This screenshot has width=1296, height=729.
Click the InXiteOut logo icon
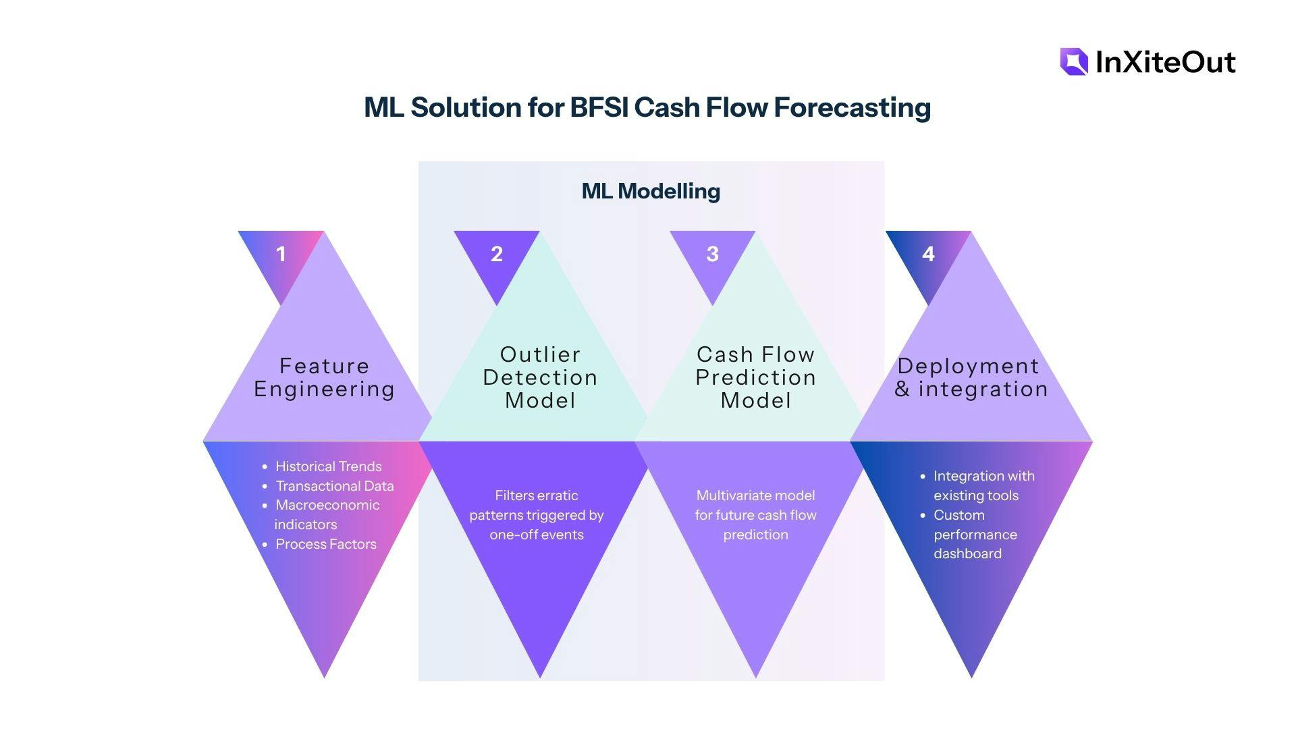pyautogui.click(x=1074, y=61)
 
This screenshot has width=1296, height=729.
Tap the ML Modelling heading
pyautogui.click(x=651, y=191)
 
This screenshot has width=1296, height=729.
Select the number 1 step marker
pyautogui.click(x=281, y=254)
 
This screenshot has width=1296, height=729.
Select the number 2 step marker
pyautogui.click(x=497, y=254)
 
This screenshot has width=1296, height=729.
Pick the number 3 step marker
pyautogui.click(x=712, y=254)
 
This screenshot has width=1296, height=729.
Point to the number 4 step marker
pyautogui.click(x=928, y=254)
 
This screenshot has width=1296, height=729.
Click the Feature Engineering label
pyautogui.click(x=324, y=377)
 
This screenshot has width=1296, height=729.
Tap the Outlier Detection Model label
pyautogui.click(x=540, y=377)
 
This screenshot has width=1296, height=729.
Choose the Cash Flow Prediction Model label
pyautogui.click(x=755, y=377)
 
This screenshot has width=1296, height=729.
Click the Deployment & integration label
pyautogui.click(x=971, y=377)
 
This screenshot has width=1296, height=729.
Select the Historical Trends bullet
pyautogui.click(x=328, y=466)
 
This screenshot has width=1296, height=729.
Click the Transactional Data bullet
pyautogui.click(x=334, y=486)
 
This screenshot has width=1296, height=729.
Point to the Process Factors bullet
pyautogui.click(x=325, y=544)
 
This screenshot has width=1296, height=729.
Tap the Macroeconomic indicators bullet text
pyautogui.click(x=327, y=514)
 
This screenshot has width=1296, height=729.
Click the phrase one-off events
pyautogui.click(x=537, y=535)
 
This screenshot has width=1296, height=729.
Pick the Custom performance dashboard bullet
pyautogui.click(x=975, y=534)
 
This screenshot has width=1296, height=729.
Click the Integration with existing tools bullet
pyautogui.click(x=983, y=485)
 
